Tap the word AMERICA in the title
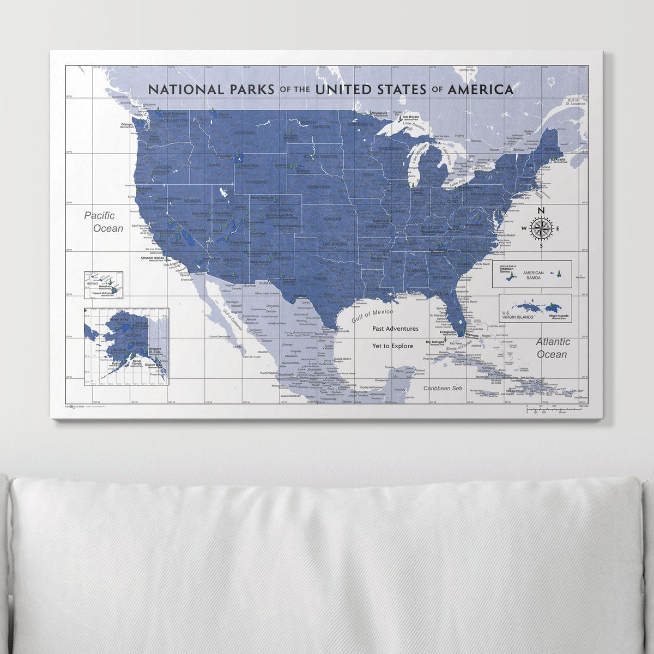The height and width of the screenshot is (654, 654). click(x=480, y=89)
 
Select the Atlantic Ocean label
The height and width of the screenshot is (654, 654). click(x=553, y=348)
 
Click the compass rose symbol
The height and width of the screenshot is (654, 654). click(x=541, y=229)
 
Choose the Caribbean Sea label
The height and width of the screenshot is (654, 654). click(x=444, y=388)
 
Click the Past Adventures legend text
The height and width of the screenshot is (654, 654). click(x=395, y=329)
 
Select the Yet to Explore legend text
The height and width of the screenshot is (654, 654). click(x=392, y=346)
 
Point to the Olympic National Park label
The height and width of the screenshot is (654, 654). click(x=126, y=125)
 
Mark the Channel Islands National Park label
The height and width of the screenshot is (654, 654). click(x=154, y=259)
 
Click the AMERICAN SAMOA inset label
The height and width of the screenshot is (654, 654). click(x=533, y=275)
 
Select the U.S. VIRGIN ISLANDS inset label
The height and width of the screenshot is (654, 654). click(x=516, y=315)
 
